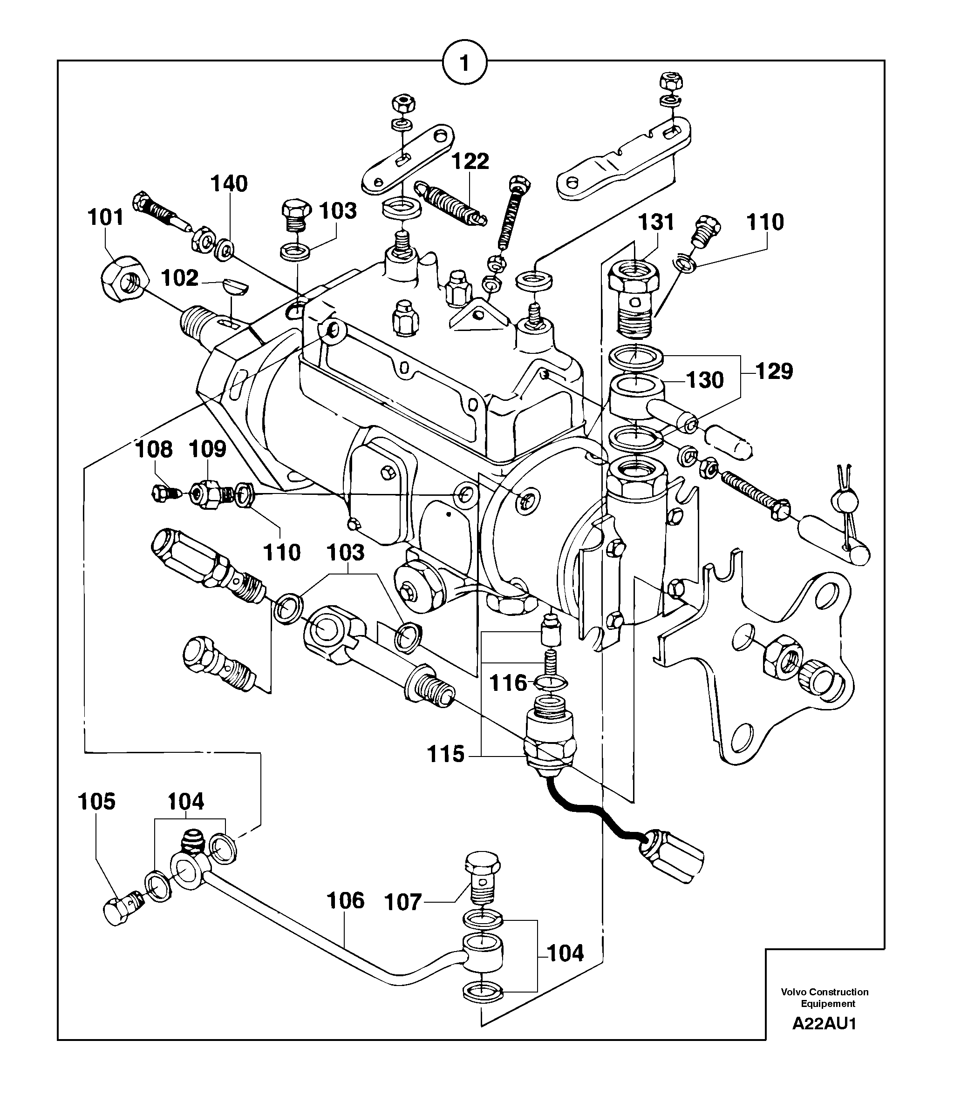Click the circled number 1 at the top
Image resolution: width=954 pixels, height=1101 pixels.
click(464, 64)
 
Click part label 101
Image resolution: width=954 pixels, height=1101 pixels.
click(105, 218)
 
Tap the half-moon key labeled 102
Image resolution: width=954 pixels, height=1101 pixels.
click(234, 286)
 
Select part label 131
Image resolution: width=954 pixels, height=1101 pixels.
click(656, 222)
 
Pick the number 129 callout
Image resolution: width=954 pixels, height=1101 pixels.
click(774, 371)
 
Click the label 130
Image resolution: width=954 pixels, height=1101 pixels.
click(705, 380)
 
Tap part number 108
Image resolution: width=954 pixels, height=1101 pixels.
click(154, 450)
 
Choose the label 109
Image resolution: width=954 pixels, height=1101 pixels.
click(208, 449)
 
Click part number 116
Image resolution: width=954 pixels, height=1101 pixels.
click(508, 683)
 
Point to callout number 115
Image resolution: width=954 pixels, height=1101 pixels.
click(446, 754)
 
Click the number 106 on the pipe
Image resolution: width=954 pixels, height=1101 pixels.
click(345, 901)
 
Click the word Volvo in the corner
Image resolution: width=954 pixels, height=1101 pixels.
click(793, 992)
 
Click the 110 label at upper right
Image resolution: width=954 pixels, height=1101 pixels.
click(765, 223)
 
